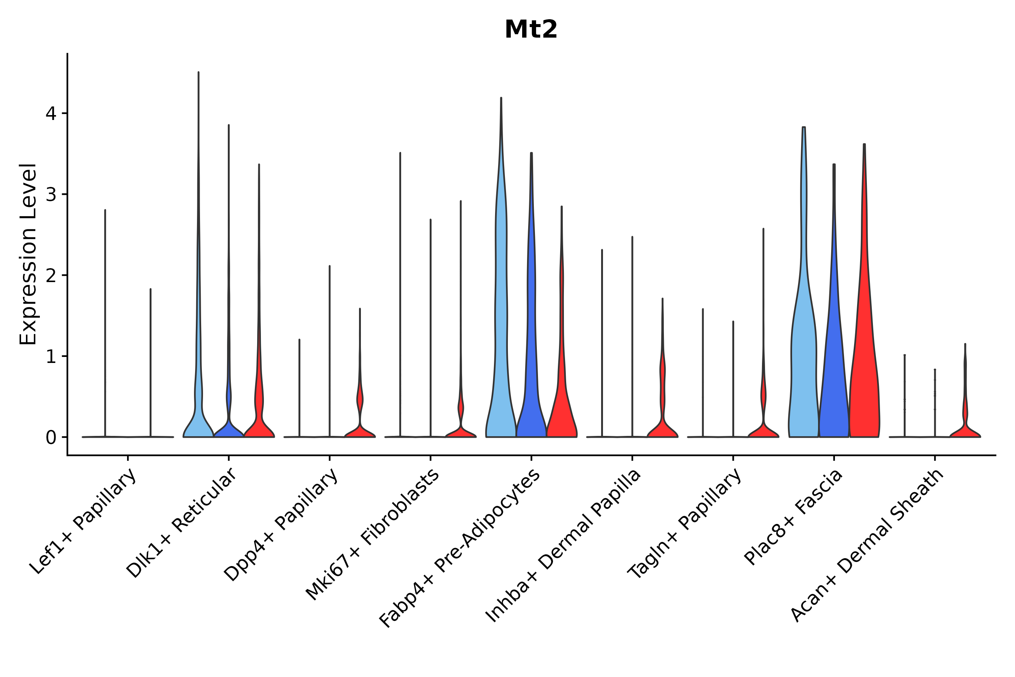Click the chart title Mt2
(x=531, y=30)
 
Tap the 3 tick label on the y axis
(x=51, y=195)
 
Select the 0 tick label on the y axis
(x=51, y=438)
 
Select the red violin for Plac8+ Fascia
(x=864, y=367)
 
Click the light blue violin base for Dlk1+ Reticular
(x=198, y=427)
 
